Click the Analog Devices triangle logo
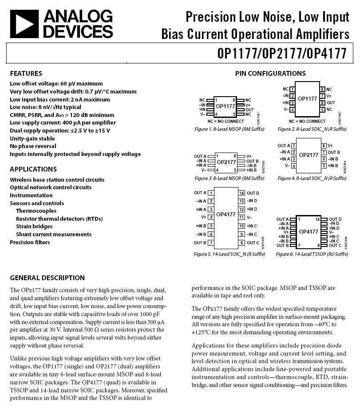pyautogui.click(x=24, y=24)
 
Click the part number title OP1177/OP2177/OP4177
pyautogui.click(x=282, y=54)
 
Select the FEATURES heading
pyautogui.click(x=26, y=74)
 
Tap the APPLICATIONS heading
pyautogui.click(x=33, y=169)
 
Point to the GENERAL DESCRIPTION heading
pyautogui.click(x=47, y=278)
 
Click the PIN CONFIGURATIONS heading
pyautogui.click(x=270, y=74)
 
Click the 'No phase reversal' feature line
pyautogui.click(x=33, y=146)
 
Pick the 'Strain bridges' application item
pyautogui.click(x=34, y=227)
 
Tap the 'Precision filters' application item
pyautogui.click(x=30, y=242)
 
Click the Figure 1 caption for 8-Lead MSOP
pyautogui.click(x=229, y=129)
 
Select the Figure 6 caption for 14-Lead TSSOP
pyautogui.click(x=312, y=254)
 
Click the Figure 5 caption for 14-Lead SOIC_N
pyautogui.click(x=229, y=254)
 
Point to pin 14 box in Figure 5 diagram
pyautogui.click(x=242, y=193)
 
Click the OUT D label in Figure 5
pyautogui.click(x=253, y=193)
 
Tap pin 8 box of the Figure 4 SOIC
pyautogui.click(x=324, y=145)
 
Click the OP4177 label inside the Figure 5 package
pyautogui.click(x=226, y=215)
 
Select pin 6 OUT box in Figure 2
pyautogui.click(x=323, y=102)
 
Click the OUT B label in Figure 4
pyautogui.click(x=333, y=152)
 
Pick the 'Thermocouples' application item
pyautogui.click(x=36, y=211)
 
